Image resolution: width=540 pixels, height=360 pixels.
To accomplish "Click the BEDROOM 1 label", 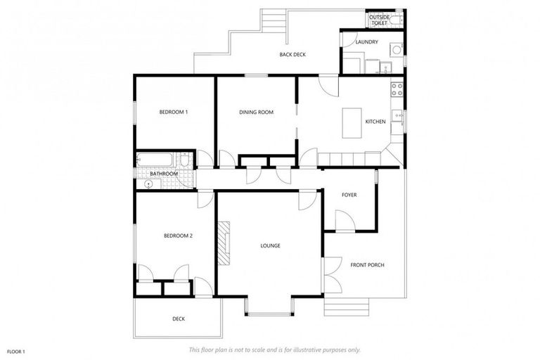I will click(x=173, y=112).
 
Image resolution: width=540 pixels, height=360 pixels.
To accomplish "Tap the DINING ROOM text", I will click(x=256, y=112).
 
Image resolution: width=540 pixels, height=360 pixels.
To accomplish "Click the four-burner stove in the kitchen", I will click(x=397, y=89).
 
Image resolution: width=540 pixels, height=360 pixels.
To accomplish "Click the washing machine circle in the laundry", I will click(x=396, y=50).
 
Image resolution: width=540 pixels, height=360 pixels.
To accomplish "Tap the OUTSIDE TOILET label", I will click(x=379, y=20).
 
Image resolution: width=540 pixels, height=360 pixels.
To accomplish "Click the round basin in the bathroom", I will click(x=148, y=184).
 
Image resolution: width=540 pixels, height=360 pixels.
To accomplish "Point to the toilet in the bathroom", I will click(x=184, y=162).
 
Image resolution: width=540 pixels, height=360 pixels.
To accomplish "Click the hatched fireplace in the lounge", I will click(x=224, y=243).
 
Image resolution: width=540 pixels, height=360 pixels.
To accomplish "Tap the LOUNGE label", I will click(x=270, y=245).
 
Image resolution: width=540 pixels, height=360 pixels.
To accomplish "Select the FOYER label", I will click(x=349, y=195).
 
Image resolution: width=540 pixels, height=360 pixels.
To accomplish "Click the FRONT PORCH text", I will click(x=367, y=264).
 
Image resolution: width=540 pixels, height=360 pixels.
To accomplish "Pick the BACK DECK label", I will click(x=292, y=55).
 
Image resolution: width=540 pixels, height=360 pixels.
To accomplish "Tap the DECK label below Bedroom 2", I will click(x=179, y=319).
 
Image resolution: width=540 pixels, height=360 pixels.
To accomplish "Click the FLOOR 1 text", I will click(x=16, y=351).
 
